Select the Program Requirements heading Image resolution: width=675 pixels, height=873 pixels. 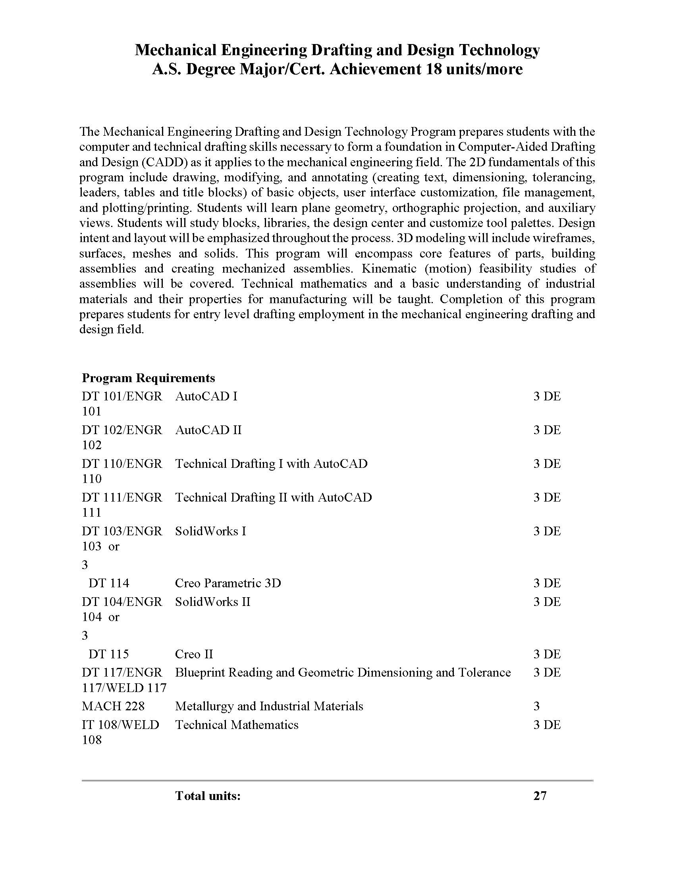[x=148, y=378]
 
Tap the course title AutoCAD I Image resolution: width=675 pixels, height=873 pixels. [x=206, y=396]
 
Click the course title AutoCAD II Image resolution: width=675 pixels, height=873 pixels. [x=208, y=430]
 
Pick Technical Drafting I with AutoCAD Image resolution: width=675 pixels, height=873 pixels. [x=271, y=463]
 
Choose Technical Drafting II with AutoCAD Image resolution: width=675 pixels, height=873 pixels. [x=274, y=497]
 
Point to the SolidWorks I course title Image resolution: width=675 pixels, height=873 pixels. [x=211, y=531]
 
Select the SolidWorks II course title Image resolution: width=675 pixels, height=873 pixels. [x=213, y=602]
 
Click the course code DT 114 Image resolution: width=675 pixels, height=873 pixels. [x=109, y=583]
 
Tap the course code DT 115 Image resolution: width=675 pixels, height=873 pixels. [x=109, y=654]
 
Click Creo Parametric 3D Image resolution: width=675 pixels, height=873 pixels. [x=228, y=583]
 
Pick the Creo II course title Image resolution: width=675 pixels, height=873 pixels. [x=194, y=654]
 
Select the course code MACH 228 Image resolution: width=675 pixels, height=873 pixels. [x=113, y=706]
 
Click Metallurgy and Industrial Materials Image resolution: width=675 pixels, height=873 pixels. [x=269, y=706]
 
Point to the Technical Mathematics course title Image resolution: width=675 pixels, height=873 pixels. [x=237, y=725]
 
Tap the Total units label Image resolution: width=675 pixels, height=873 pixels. [x=208, y=796]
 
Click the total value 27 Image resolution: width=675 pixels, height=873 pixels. [x=540, y=796]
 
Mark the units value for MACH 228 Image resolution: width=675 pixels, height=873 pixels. [x=537, y=706]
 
